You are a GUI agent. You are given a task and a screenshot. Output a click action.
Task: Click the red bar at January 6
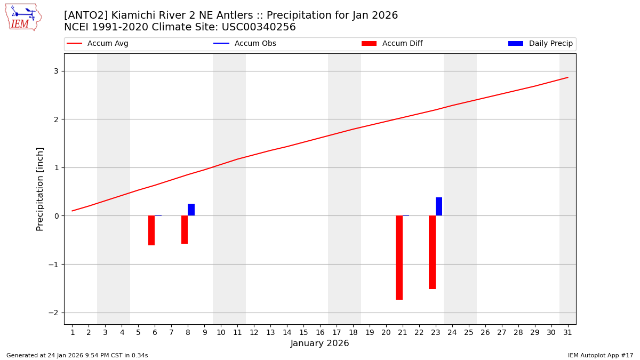click(151, 230)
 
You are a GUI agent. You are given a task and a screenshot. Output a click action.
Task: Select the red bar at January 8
click(185, 230)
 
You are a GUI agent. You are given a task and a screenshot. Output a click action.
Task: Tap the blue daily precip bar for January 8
click(191, 210)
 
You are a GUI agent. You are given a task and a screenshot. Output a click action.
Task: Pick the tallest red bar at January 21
click(399, 258)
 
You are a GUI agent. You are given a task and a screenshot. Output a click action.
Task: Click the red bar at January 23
click(432, 252)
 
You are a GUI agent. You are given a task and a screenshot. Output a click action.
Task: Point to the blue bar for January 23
click(439, 206)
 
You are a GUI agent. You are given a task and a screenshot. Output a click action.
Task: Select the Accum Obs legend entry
click(255, 44)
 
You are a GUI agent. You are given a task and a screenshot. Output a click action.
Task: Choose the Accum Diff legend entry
click(402, 44)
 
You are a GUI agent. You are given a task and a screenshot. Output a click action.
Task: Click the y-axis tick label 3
click(55, 71)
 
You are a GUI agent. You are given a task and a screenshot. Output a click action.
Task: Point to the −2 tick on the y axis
click(54, 313)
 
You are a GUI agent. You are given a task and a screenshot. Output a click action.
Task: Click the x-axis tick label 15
click(303, 333)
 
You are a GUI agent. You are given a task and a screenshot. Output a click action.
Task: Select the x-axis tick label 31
click(567, 333)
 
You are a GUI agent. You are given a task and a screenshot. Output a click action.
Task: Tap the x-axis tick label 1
click(73, 333)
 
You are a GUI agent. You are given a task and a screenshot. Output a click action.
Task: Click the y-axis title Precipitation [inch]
click(40, 189)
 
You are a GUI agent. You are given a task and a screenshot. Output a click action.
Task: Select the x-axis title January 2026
click(319, 343)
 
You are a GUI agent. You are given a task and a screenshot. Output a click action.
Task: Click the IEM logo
click(23, 17)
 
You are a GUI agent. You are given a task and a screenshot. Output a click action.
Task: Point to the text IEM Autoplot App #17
click(600, 355)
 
